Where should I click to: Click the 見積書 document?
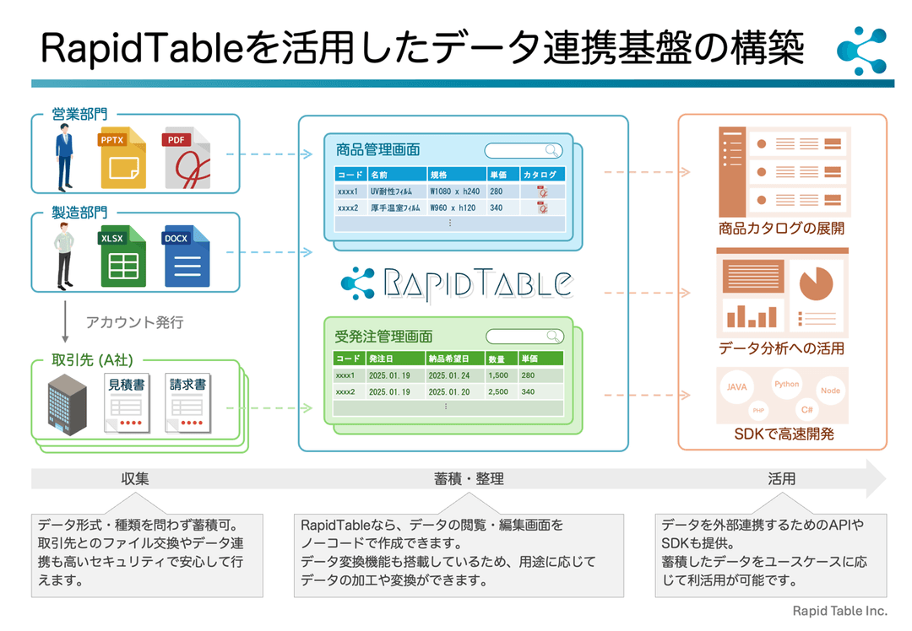point(127,403)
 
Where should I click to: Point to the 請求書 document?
point(187,403)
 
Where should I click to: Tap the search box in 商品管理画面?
point(523,150)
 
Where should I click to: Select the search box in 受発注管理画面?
point(524,336)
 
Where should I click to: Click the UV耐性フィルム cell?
point(396,191)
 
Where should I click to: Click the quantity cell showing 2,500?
point(498,391)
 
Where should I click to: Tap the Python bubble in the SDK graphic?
point(786,384)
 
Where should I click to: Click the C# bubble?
point(807,410)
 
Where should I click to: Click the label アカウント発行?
point(134,322)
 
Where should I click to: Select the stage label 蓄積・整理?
point(469,478)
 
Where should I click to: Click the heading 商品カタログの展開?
point(781,228)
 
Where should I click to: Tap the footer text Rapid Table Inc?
point(839,611)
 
